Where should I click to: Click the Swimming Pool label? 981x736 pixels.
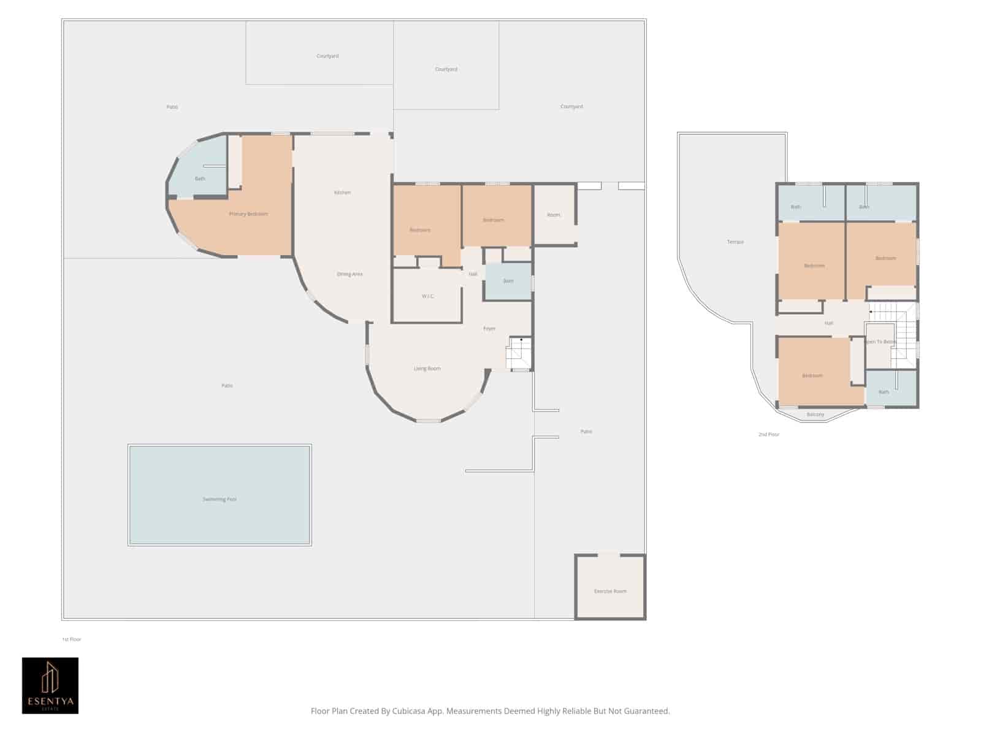click(219, 499)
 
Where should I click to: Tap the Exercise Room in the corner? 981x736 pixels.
click(610, 591)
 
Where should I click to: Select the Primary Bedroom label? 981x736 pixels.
click(248, 214)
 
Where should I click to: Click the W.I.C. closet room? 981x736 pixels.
click(427, 296)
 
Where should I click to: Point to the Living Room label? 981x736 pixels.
click(427, 369)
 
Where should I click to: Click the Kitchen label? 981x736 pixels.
click(342, 193)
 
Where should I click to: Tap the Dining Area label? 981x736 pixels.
click(349, 274)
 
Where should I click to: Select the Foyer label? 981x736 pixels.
click(489, 329)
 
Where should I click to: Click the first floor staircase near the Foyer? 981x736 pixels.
click(519, 354)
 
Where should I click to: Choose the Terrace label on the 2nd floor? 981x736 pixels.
click(735, 242)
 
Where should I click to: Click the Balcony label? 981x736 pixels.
click(815, 415)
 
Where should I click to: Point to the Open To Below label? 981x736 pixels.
click(881, 342)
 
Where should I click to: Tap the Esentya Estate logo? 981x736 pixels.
click(50, 685)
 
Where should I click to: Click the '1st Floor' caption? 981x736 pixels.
click(71, 639)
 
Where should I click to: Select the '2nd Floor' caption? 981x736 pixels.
click(768, 434)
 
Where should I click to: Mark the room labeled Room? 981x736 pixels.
click(554, 215)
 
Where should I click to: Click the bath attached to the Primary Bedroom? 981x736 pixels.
click(200, 178)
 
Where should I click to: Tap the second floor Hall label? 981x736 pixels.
click(828, 323)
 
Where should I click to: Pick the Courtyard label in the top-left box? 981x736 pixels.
click(327, 56)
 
